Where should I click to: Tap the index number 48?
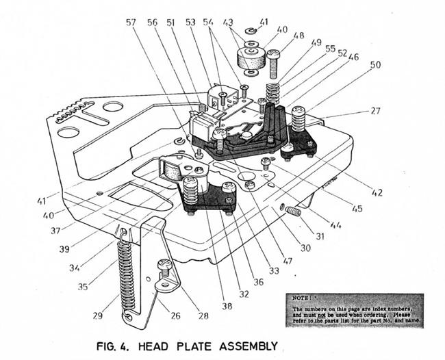click(299, 36)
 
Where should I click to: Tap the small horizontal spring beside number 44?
click(293, 211)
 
